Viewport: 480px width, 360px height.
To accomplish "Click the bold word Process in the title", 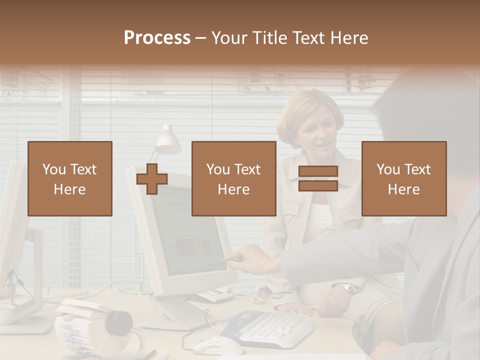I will click(157, 38).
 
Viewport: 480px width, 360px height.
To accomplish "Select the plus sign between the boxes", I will click(152, 179).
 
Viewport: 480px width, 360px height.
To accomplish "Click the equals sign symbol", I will click(318, 178).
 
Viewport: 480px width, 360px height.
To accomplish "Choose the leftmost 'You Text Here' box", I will click(70, 178).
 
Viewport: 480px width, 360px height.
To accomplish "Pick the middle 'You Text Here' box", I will click(233, 178).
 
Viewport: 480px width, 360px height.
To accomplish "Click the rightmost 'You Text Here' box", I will click(403, 178).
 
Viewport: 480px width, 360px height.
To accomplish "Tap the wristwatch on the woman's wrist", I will click(347, 287).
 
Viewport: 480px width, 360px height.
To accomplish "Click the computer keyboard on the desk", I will click(270, 327).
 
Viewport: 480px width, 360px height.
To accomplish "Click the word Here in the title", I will click(347, 38).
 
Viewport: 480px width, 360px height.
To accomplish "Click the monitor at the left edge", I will click(12, 230).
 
